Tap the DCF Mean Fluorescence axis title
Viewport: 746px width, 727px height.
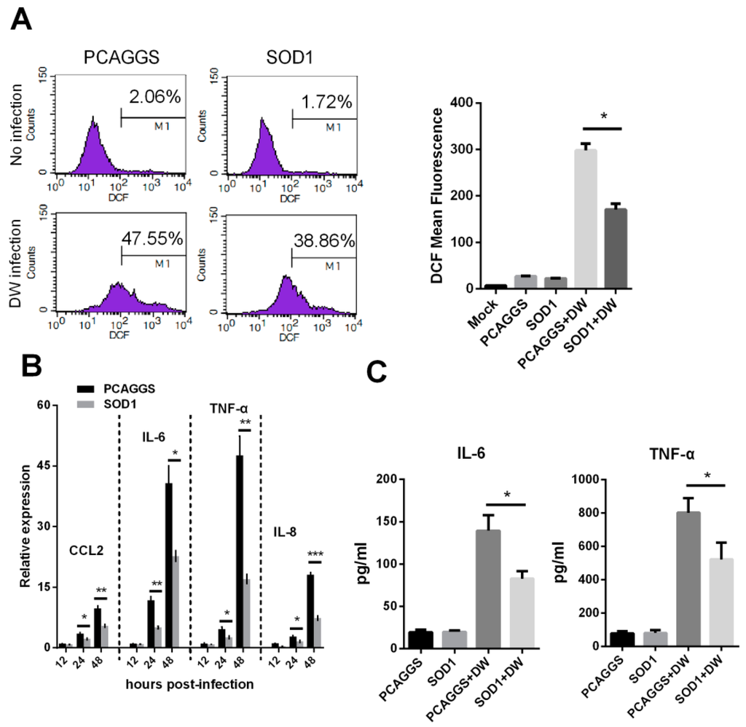point(439,196)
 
